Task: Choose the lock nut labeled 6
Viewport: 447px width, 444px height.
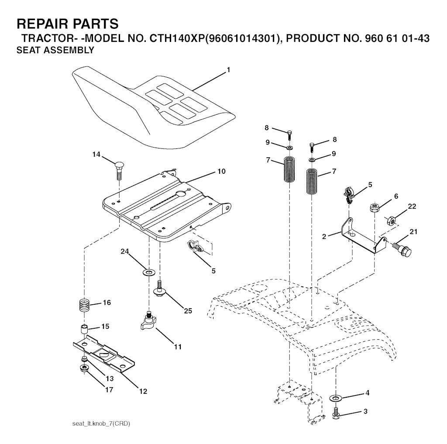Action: pos(374,207)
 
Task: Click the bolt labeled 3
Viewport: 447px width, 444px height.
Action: pos(336,413)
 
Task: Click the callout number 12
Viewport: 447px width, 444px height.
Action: pos(143,391)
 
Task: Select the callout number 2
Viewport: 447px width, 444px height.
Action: pos(324,236)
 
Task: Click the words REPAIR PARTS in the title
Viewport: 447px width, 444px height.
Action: pos(67,23)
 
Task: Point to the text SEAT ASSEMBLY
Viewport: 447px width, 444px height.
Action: pos(55,50)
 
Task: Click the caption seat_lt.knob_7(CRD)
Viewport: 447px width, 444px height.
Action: pos(101,424)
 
